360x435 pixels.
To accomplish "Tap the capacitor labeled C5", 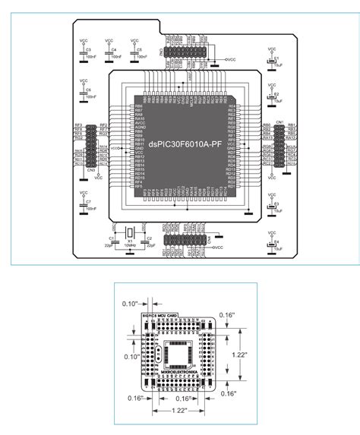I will click(x=134, y=53).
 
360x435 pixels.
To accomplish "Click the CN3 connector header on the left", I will click(x=91, y=147).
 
